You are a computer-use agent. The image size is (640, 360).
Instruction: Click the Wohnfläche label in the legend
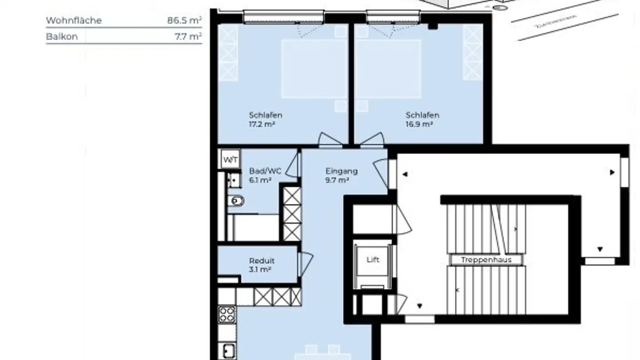(74, 20)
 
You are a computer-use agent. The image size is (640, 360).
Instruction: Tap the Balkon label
(62, 36)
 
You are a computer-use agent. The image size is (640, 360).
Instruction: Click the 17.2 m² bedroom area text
(262, 124)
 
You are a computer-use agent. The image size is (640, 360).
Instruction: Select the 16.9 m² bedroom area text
(419, 124)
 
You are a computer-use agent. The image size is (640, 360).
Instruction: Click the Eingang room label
(341, 171)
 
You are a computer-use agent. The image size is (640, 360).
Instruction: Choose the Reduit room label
(262, 261)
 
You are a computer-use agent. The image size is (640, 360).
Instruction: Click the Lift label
(373, 260)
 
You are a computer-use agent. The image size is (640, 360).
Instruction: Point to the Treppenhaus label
(486, 260)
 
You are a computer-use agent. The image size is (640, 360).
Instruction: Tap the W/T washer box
(230, 159)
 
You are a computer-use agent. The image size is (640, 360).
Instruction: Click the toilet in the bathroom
(236, 201)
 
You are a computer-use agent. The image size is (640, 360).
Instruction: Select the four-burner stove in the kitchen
(227, 314)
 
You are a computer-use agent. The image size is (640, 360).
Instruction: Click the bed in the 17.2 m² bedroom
(314, 69)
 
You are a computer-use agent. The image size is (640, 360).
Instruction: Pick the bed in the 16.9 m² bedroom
(388, 69)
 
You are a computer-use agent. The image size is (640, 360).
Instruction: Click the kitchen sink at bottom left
(228, 351)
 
